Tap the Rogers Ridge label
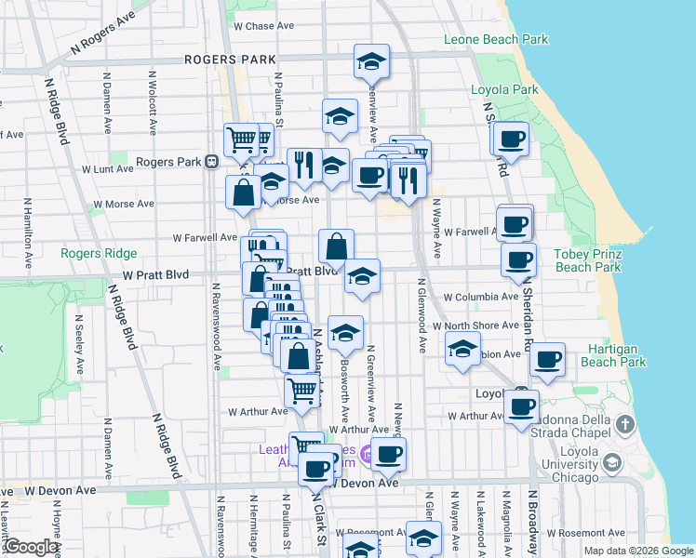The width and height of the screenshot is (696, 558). point(99,253)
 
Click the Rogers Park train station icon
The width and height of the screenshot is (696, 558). point(212,162)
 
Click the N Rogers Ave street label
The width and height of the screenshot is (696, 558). point(106,31)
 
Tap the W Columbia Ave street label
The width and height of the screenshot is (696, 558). point(480,297)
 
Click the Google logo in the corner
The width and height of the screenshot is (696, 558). point(31,547)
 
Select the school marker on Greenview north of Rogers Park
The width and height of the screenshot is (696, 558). point(371,62)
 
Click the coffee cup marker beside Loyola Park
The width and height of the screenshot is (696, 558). point(510,140)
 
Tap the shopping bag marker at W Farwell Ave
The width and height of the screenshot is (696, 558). point(336,247)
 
